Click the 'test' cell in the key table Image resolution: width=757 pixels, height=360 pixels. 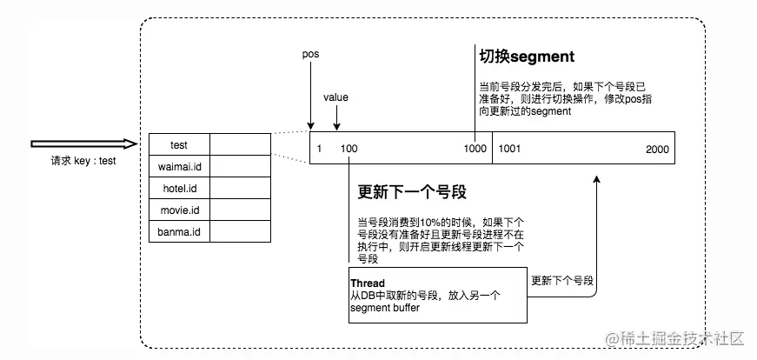coord(179,144)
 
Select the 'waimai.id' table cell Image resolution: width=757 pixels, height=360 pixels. coord(179,166)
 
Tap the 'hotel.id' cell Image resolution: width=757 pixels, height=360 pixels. coord(179,188)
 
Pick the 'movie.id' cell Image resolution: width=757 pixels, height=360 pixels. coord(179,210)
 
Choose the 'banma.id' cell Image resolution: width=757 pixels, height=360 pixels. coord(179,231)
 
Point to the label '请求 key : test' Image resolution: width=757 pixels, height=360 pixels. coord(83,161)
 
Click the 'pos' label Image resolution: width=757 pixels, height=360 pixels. coord(310,54)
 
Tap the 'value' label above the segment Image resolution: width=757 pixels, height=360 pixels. coord(335,97)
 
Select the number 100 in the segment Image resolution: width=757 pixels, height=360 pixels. coord(349,149)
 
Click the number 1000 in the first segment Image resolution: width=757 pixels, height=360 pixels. coord(475,149)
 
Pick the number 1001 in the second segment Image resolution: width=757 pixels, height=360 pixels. coord(509,149)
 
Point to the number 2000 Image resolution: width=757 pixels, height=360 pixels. coord(658,150)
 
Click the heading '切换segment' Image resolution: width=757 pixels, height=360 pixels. coord(527,57)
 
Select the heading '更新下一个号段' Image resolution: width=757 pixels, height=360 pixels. coord(412,192)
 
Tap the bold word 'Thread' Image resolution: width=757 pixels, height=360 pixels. coord(368,283)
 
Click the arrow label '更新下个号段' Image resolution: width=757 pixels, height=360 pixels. coord(562,281)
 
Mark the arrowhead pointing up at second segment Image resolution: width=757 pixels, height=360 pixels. coord(597,179)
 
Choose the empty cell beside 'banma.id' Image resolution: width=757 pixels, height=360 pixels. coord(241,231)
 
